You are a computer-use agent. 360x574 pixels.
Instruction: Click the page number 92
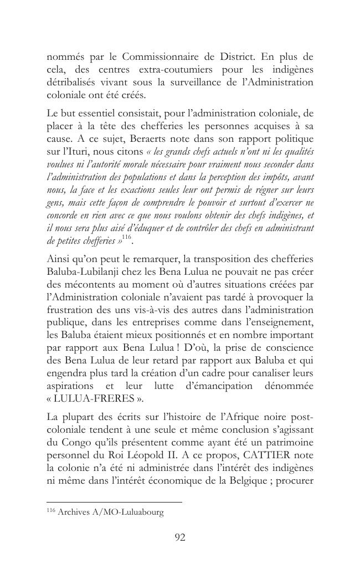coord(179,537)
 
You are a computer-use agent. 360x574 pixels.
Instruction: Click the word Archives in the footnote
coord(72,512)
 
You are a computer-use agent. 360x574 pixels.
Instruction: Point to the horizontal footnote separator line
coord(114,502)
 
